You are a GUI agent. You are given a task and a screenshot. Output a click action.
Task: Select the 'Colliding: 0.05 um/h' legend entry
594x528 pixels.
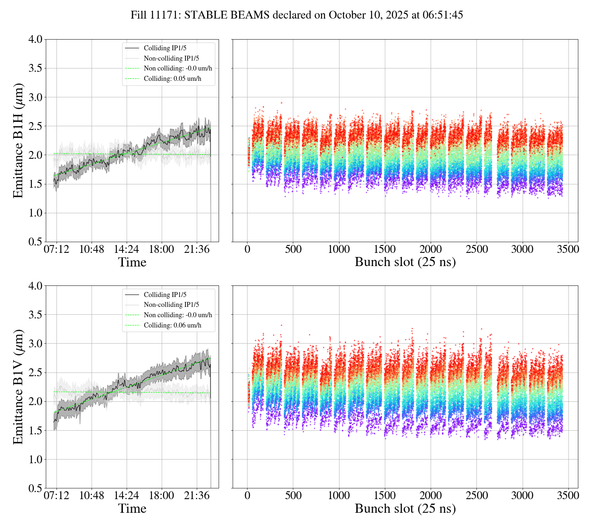pyautogui.click(x=172, y=78)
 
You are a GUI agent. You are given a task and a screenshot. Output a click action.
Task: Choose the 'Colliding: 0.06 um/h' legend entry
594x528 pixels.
pyautogui.click(x=172, y=325)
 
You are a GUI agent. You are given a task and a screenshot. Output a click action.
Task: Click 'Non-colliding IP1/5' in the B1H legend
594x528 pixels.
pyautogui.click(x=171, y=59)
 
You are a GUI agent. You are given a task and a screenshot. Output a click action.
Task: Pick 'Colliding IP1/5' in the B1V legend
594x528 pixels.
pyautogui.click(x=165, y=295)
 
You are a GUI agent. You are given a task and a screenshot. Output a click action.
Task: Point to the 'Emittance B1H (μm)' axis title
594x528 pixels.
pyautogui.click(x=18, y=140)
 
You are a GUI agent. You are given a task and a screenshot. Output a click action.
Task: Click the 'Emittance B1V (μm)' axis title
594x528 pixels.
pyautogui.click(x=18, y=387)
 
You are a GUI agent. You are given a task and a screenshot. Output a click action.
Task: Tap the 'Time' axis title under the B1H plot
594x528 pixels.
pyautogui.click(x=132, y=262)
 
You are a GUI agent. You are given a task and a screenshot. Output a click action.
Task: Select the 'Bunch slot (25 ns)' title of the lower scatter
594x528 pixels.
pyautogui.click(x=405, y=509)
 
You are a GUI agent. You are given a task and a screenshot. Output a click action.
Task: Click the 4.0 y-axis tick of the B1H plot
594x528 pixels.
pyautogui.click(x=35, y=40)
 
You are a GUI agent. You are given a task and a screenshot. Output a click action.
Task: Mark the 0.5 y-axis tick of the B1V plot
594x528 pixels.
pyautogui.click(x=35, y=488)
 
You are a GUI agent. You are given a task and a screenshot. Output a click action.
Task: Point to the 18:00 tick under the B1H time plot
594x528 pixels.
pyautogui.click(x=161, y=250)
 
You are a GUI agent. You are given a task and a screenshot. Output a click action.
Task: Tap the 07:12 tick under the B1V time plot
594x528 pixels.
pyautogui.click(x=57, y=496)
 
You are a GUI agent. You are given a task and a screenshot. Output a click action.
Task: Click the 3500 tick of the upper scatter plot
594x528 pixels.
pyautogui.click(x=568, y=250)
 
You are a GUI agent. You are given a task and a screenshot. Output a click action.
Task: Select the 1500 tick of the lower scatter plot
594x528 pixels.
pyautogui.click(x=384, y=496)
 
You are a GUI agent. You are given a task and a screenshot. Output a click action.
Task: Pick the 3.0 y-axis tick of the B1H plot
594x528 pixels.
pyautogui.click(x=35, y=97)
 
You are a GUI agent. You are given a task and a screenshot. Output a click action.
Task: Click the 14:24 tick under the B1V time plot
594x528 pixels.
pyautogui.click(x=126, y=496)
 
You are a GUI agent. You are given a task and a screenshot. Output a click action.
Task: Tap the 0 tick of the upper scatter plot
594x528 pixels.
pyautogui.click(x=247, y=250)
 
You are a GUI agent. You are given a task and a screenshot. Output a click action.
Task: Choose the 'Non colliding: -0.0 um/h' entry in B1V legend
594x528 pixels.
pyautogui.click(x=178, y=315)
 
